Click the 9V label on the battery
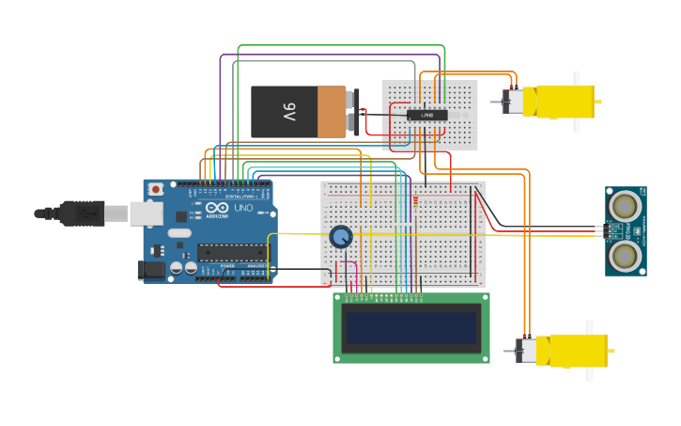pyautogui.click(x=289, y=112)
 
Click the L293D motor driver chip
pyautogui.click(x=426, y=115)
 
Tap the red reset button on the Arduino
pyautogui.click(x=156, y=189)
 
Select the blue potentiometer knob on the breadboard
pyautogui.click(x=340, y=236)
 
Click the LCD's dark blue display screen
pyautogui.click(x=412, y=328)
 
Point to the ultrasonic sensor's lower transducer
pyautogui.click(x=624, y=254)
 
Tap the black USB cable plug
pyautogui.click(x=80, y=214)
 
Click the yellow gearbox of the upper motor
pyautogui.click(x=564, y=102)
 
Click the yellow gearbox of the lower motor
pyautogui.click(x=575, y=351)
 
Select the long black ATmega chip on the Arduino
pyautogui.click(x=230, y=252)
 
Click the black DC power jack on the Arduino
pyautogui.click(x=151, y=270)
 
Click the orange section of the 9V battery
pyautogui.click(x=332, y=112)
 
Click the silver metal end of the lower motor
pyautogui.click(x=527, y=352)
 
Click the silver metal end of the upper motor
pyautogui.click(x=514, y=102)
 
